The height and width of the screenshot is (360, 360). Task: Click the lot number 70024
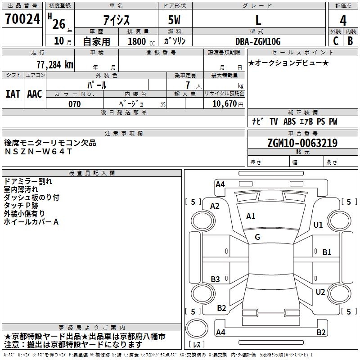point(22,19)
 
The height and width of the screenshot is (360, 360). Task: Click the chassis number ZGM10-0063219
point(302,143)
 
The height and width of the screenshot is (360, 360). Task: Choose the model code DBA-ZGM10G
point(258,41)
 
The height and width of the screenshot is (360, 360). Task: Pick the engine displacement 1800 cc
point(139,41)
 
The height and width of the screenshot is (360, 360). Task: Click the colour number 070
point(75,104)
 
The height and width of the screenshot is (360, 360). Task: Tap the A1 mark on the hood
point(251,216)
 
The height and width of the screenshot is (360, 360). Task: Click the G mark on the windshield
point(257,237)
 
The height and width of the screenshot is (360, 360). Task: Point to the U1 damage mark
point(318,225)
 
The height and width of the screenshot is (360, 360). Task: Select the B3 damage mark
point(216,279)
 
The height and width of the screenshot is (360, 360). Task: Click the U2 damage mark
point(320,292)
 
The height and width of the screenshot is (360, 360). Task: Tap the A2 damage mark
point(215,206)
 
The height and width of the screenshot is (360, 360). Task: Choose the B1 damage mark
point(327,252)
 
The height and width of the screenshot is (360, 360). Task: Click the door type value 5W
point(175,20)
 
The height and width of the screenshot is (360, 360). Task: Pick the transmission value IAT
point(12,94)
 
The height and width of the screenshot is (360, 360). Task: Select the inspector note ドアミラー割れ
point(28,181)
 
